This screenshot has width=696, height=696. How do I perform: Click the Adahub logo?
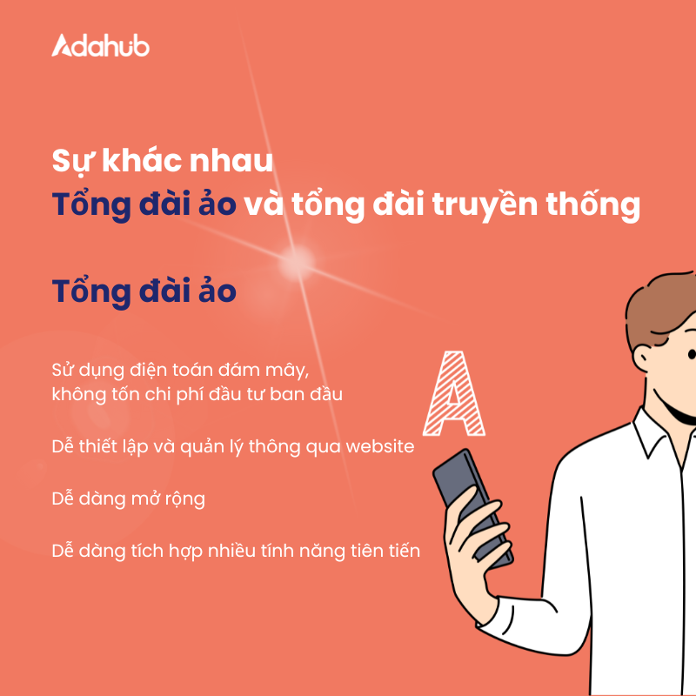click(x=101, y=45)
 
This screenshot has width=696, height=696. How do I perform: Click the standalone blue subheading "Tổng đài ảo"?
click(x=144, y=291)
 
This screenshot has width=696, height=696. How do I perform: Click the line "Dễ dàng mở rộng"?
click(x=129, y=499)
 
